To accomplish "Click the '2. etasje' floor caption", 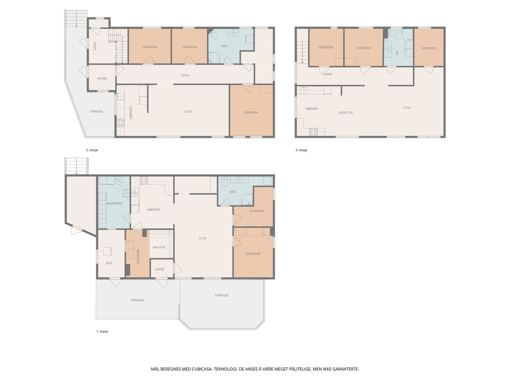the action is (x=92, y=150).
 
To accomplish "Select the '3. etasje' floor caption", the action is (x=301, y=150).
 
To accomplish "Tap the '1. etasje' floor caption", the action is (x=102, y=331).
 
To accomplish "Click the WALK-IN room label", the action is (x=159, y=247).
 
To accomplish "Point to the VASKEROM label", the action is (x=114, y=203).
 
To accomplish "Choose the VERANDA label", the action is (x=138, y=300).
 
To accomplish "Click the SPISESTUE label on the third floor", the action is (x=345, y=112).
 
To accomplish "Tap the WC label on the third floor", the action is (x=397, y=53).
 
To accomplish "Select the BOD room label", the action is (x=109, y=263).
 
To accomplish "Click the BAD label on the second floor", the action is (x=224, y=46).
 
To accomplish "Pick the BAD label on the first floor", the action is (x=233, y=192).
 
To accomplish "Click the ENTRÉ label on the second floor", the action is (x=102, y=78).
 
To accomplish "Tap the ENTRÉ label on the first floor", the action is (x=160, y=269).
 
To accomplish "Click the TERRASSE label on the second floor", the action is (x=96, y=111).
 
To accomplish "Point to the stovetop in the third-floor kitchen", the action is (x=313, y=132).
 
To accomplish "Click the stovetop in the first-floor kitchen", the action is (x=144, y=180).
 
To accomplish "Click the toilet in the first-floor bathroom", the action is (x=224, y=182).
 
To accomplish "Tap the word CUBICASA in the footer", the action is (x=202, y=369).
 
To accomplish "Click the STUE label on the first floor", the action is (x=203, y=238).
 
